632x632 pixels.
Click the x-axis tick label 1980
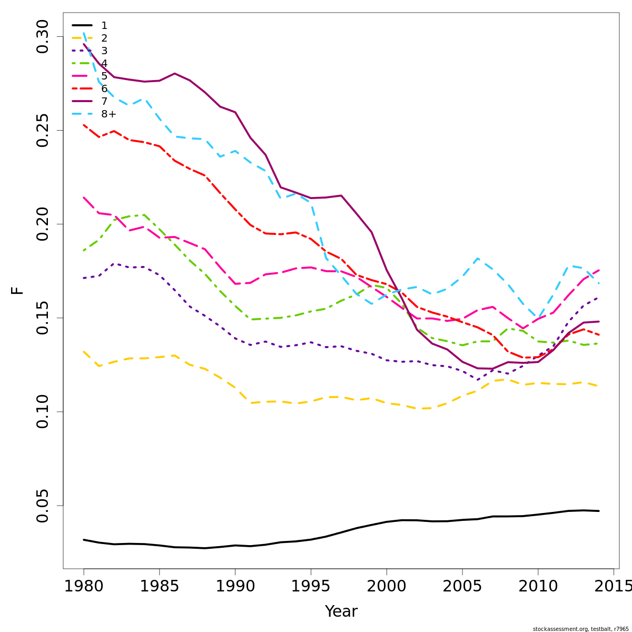pyautogui.click(x=84, y=586)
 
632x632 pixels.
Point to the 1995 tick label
pyautogui.click(x=311, y=586)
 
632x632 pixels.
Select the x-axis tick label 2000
pyautogui.click(x=387, y=586)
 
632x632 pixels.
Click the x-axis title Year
pyautogui.click(x=341, y=611)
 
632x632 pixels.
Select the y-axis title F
pyautogui.click(x=17, y=290)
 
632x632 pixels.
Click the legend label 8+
pyautogui.click(x=108, y=114)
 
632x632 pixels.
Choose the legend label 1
pyautogui.click(x=104, y=25)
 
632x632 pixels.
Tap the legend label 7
pyautogui.click(x=104, y=101)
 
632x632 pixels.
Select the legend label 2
pyautogui.click(x=104, y=38)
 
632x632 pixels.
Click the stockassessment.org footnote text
pyautogui.click(x=580, y=629)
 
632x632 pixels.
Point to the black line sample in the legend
pyautogui.click(x=82, y=25)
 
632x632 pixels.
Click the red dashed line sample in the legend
pyautogui.click(x=82, y=88)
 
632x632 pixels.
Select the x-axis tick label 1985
pyautogui.click(x=159, y=586)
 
